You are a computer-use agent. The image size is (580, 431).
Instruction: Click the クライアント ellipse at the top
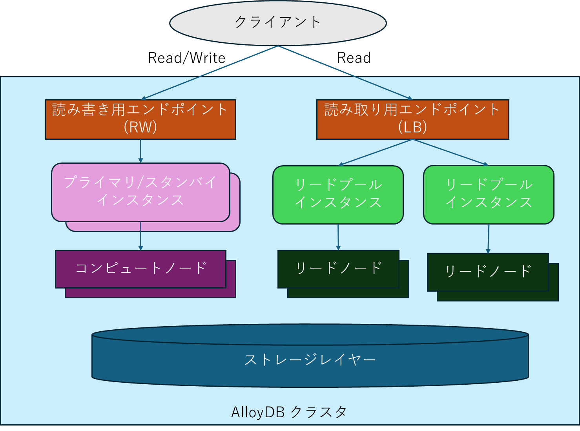(x=278, y=22)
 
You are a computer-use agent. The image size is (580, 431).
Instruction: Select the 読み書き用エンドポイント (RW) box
(x=140, y=119)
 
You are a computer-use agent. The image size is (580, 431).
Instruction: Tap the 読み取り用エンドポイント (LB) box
(x=412, y=119)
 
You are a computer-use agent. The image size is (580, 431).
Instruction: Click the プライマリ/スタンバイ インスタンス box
(x=140, y=192)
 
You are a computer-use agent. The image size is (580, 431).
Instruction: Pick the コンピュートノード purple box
(x=140, y=269)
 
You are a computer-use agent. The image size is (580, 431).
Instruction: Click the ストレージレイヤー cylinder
(x=310, y=360)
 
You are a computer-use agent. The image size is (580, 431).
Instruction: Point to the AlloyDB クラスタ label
(x=289, y=412)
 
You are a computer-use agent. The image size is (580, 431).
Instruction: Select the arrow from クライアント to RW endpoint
(x=210, y=73)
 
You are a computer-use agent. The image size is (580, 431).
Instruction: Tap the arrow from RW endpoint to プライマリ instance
(x=140, y=151)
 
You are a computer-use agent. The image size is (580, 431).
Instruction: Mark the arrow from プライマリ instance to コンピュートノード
(x=140, y=236)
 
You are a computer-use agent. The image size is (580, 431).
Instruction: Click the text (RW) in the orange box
(x=140, y=127)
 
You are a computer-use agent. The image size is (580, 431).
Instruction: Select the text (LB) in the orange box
(x=412, y=127)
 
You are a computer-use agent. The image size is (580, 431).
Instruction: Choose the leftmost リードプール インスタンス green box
(x=338, y=194)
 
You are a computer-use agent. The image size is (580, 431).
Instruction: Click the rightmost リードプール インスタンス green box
(x=489, y=194)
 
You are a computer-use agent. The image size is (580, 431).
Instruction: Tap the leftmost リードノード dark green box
(x=338, y=269)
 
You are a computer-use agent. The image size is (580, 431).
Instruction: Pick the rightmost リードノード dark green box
(x=488, y=272)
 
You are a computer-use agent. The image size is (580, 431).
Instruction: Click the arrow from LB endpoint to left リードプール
(x=376, y=152)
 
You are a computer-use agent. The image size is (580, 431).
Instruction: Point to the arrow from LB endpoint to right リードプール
(x=450, y=152)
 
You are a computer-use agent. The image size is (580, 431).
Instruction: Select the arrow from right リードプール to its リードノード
(x=488, y=239)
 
